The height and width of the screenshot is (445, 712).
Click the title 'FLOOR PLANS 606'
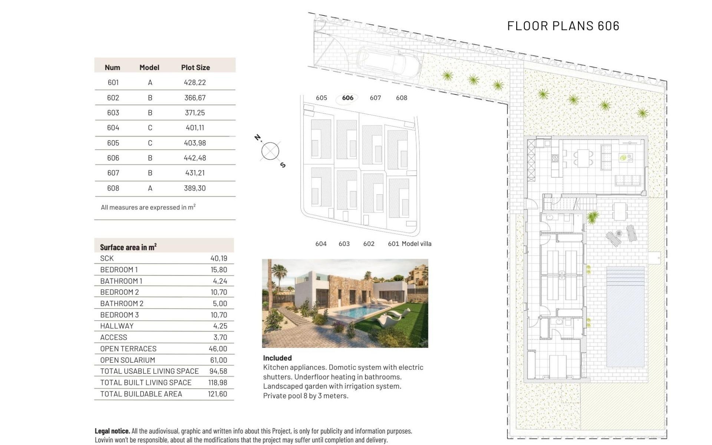(x=563, y=26)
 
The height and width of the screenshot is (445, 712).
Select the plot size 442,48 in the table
(x=195, y=158)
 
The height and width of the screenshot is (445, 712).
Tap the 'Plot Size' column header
(x=195, y=67)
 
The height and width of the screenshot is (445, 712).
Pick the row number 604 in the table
(x=113, y=128)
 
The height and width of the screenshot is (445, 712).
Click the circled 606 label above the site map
(x=347, y=98)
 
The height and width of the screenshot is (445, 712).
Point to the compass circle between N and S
(x=270, y=151)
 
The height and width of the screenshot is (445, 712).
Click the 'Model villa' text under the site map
(x=416, y=244)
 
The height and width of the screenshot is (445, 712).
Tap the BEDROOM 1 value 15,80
(x=218, y=270)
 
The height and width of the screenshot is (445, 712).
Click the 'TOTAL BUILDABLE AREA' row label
(x=141, y=394)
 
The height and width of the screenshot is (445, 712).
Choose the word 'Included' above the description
(x=277, y=358)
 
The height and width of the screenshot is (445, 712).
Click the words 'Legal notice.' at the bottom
(x=112, y=431)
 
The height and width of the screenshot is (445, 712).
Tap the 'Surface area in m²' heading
(x=128, y=247)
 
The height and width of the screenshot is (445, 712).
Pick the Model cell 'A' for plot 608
(x=150, y=188)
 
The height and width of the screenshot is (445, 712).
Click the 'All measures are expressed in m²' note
(x=148, y=207)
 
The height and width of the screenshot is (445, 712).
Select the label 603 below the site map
(x=344, y=244)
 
